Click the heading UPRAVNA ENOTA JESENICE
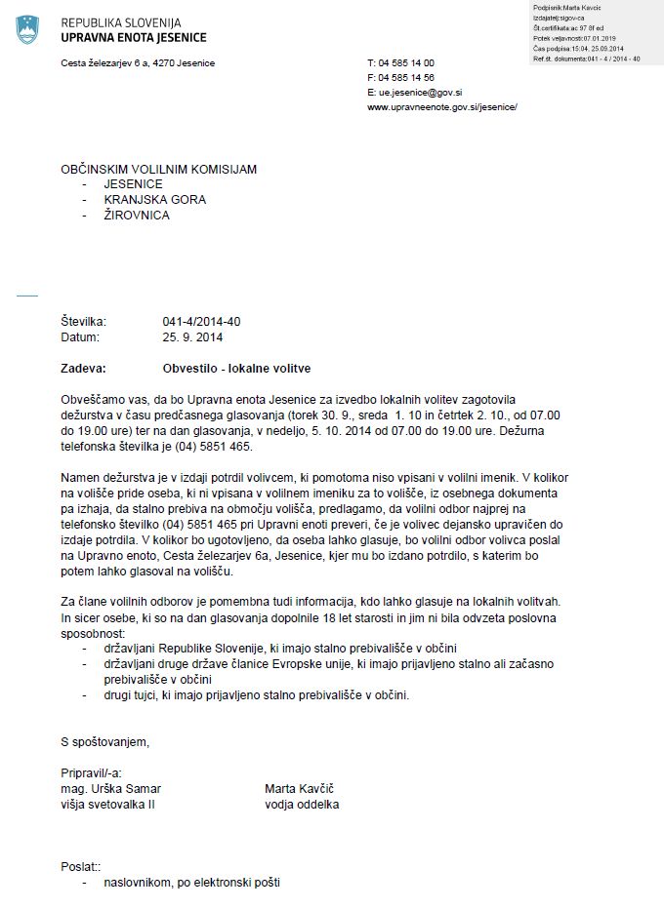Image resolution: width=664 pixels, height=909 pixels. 133,38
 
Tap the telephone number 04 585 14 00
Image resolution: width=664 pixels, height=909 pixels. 401,62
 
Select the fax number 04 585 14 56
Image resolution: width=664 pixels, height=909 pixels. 401,77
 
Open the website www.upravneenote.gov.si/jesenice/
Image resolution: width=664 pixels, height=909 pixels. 442,106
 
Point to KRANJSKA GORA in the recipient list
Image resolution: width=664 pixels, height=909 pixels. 155,200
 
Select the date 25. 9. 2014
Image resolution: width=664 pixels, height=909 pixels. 193,337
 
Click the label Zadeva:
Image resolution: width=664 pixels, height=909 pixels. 83,369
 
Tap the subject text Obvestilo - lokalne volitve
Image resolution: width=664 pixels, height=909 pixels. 237,369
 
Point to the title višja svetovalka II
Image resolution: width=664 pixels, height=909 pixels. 107,804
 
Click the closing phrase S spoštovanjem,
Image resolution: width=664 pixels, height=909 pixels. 105,742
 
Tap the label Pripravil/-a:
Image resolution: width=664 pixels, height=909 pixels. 93,772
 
